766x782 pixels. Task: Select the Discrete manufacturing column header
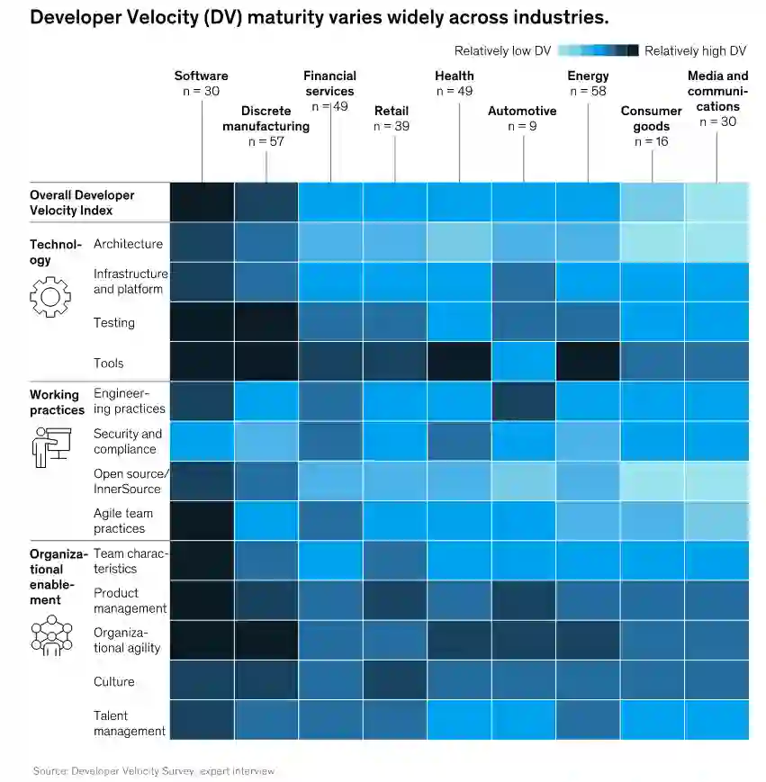point(266,119)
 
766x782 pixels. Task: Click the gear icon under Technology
point(49,297)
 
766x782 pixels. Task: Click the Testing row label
point(114,323)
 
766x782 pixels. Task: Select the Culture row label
point(114,682)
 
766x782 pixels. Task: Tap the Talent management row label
point(130,724)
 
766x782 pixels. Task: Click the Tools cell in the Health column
point(459,362)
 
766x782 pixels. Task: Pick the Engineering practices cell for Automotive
point(523,401)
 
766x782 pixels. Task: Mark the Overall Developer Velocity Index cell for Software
point(202,202)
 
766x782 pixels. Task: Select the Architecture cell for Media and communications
point(716,243)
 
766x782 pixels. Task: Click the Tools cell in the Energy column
point(588,362)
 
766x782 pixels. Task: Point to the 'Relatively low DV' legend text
point(502,51)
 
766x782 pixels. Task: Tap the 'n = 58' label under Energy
point(588,91)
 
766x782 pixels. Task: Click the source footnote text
point(154,771)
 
